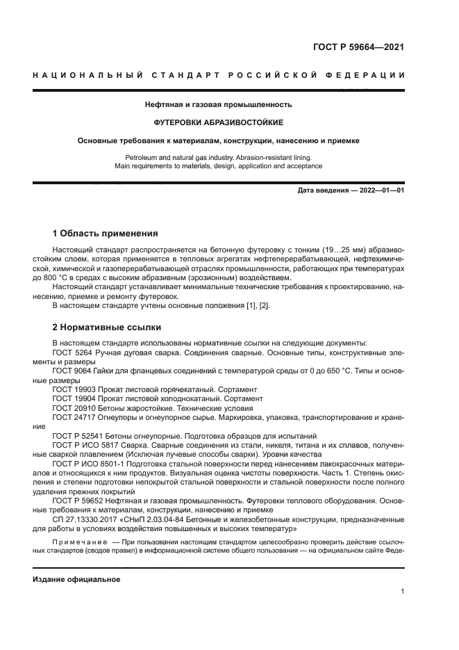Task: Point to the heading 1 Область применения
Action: (105, 233)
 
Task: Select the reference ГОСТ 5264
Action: (72, 352)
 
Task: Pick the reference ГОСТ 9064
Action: (72, 371)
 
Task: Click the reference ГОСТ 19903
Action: (74, 390)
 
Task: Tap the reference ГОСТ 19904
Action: (74, 399)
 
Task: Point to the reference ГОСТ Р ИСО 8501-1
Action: (87, 464)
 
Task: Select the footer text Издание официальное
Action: (76, 580)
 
